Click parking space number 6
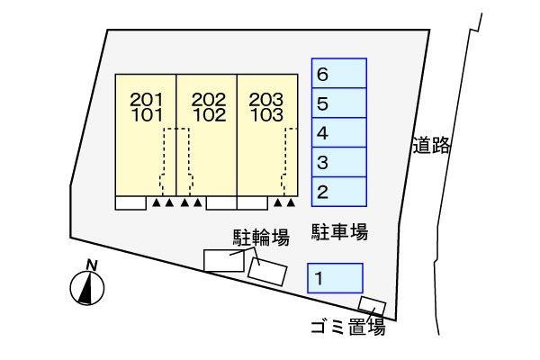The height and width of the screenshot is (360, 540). tap(339, 74)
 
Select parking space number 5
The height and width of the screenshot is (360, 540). tap(339, 103)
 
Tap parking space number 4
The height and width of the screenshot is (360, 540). tap(339, 133)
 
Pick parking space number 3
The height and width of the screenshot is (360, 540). tap(339, 163)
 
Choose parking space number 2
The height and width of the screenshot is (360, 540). tap(339, 191)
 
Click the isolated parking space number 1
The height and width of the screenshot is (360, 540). tap(335, 278)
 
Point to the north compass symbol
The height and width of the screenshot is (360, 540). tap(87, 288)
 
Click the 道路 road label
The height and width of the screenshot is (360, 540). tap(431, 146)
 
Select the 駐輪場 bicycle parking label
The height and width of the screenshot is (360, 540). tap(261, 237)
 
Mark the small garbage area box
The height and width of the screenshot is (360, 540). tap(372, 306)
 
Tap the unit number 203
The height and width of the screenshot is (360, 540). tap(266, 99)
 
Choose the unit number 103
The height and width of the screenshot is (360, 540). tap(266, 114)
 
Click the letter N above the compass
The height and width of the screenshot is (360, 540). tap(90, 265)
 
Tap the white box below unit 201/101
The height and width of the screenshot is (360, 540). tap(130, 202)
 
